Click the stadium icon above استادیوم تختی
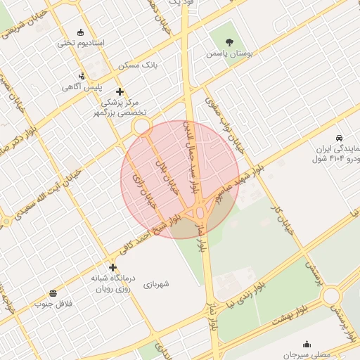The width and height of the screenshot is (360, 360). tap(81, 32)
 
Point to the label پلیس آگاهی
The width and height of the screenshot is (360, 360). tap(82, 87)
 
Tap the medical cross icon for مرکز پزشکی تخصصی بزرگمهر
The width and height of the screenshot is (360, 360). tap(120, 91)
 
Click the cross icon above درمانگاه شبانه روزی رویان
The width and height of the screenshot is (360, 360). tap(112, 267)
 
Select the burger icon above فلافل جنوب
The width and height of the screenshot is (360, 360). tap(53, 293)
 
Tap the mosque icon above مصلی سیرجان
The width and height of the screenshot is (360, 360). tap(307, 344)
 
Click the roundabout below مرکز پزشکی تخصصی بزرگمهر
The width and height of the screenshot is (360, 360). tap(143, 127)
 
